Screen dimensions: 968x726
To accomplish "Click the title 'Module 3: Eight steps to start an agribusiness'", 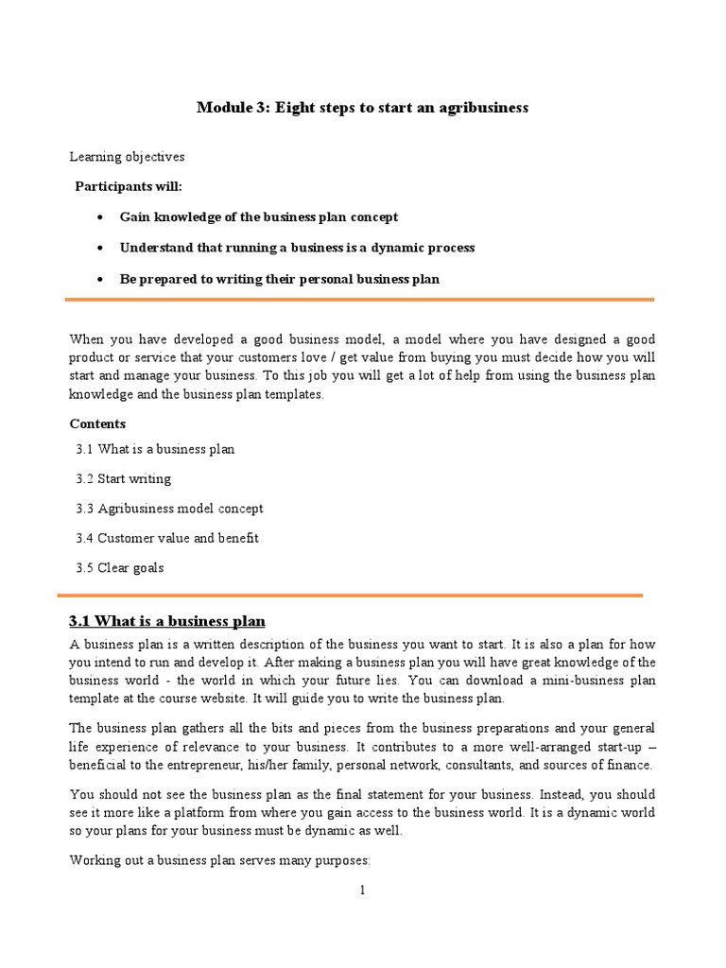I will [362, 108].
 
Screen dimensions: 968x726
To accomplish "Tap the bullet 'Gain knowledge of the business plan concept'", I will [258, 217].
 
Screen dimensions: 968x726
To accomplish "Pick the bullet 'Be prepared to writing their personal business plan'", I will [279, 279].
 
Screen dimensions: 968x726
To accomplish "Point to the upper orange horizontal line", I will [359, 300].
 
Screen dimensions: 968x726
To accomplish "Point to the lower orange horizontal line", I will [350, 596].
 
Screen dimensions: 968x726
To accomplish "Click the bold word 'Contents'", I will [97, 423].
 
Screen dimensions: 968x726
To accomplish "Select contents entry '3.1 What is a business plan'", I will [155, 449].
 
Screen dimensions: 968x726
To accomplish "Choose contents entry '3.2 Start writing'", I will [124, 479].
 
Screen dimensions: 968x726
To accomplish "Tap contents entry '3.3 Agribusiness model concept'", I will [169, 509].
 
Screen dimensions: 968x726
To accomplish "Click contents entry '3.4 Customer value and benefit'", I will [167, 538].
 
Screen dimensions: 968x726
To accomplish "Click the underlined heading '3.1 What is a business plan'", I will [167, 621].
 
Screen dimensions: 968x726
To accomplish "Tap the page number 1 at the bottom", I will [362, 890].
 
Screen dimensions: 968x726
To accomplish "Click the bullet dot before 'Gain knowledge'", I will [100, 217].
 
